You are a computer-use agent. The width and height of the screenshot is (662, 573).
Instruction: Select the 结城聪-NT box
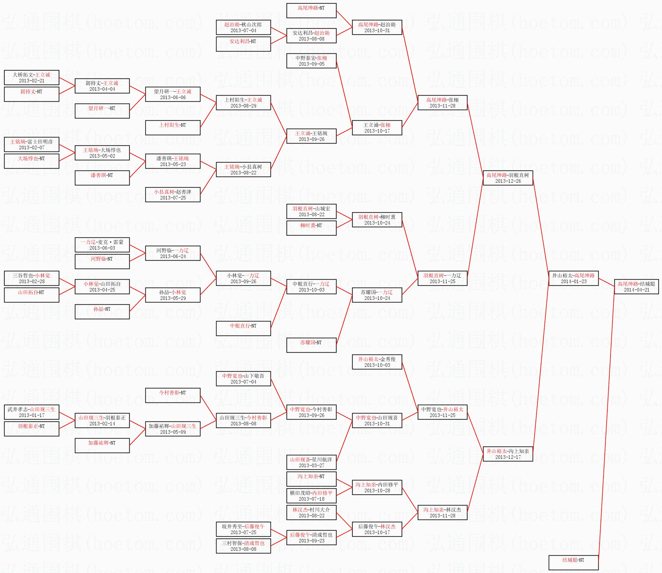click(574, 563)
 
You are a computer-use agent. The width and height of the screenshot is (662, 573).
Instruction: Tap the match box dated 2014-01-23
click(574, 278)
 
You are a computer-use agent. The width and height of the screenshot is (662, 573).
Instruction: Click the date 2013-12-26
click(508, 181)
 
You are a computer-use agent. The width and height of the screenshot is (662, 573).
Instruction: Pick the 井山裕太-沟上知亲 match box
click(508, 454)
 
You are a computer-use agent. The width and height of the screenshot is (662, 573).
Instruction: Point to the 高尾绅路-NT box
click(311, 11)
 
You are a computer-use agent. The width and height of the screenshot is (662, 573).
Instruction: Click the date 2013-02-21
click(32, 81)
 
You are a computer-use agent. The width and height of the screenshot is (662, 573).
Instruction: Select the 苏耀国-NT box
click(311, 345)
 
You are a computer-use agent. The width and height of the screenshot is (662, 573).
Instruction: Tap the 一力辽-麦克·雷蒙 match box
click(102, 245)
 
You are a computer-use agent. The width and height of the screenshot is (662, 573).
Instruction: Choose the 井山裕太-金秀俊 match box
click(377, 362)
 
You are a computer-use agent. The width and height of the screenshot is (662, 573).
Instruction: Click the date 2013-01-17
click(32, 415)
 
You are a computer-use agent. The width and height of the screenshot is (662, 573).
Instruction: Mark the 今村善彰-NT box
click(173, 395)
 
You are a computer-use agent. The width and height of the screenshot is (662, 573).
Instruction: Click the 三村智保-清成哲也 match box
click(244, 546)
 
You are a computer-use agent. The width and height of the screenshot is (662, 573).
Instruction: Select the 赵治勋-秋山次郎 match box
click(244, 27)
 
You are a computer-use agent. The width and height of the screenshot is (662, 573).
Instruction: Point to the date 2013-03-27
click(311, 466)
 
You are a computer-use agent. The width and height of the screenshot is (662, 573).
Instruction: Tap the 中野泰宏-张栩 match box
click(311, 61)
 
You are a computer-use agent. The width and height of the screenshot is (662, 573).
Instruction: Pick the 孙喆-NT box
click(102, 312)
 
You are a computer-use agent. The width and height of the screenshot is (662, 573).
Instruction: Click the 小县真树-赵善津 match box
click(173, 195)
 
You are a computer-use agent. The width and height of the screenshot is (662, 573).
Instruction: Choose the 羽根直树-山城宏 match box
click(311, 211)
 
